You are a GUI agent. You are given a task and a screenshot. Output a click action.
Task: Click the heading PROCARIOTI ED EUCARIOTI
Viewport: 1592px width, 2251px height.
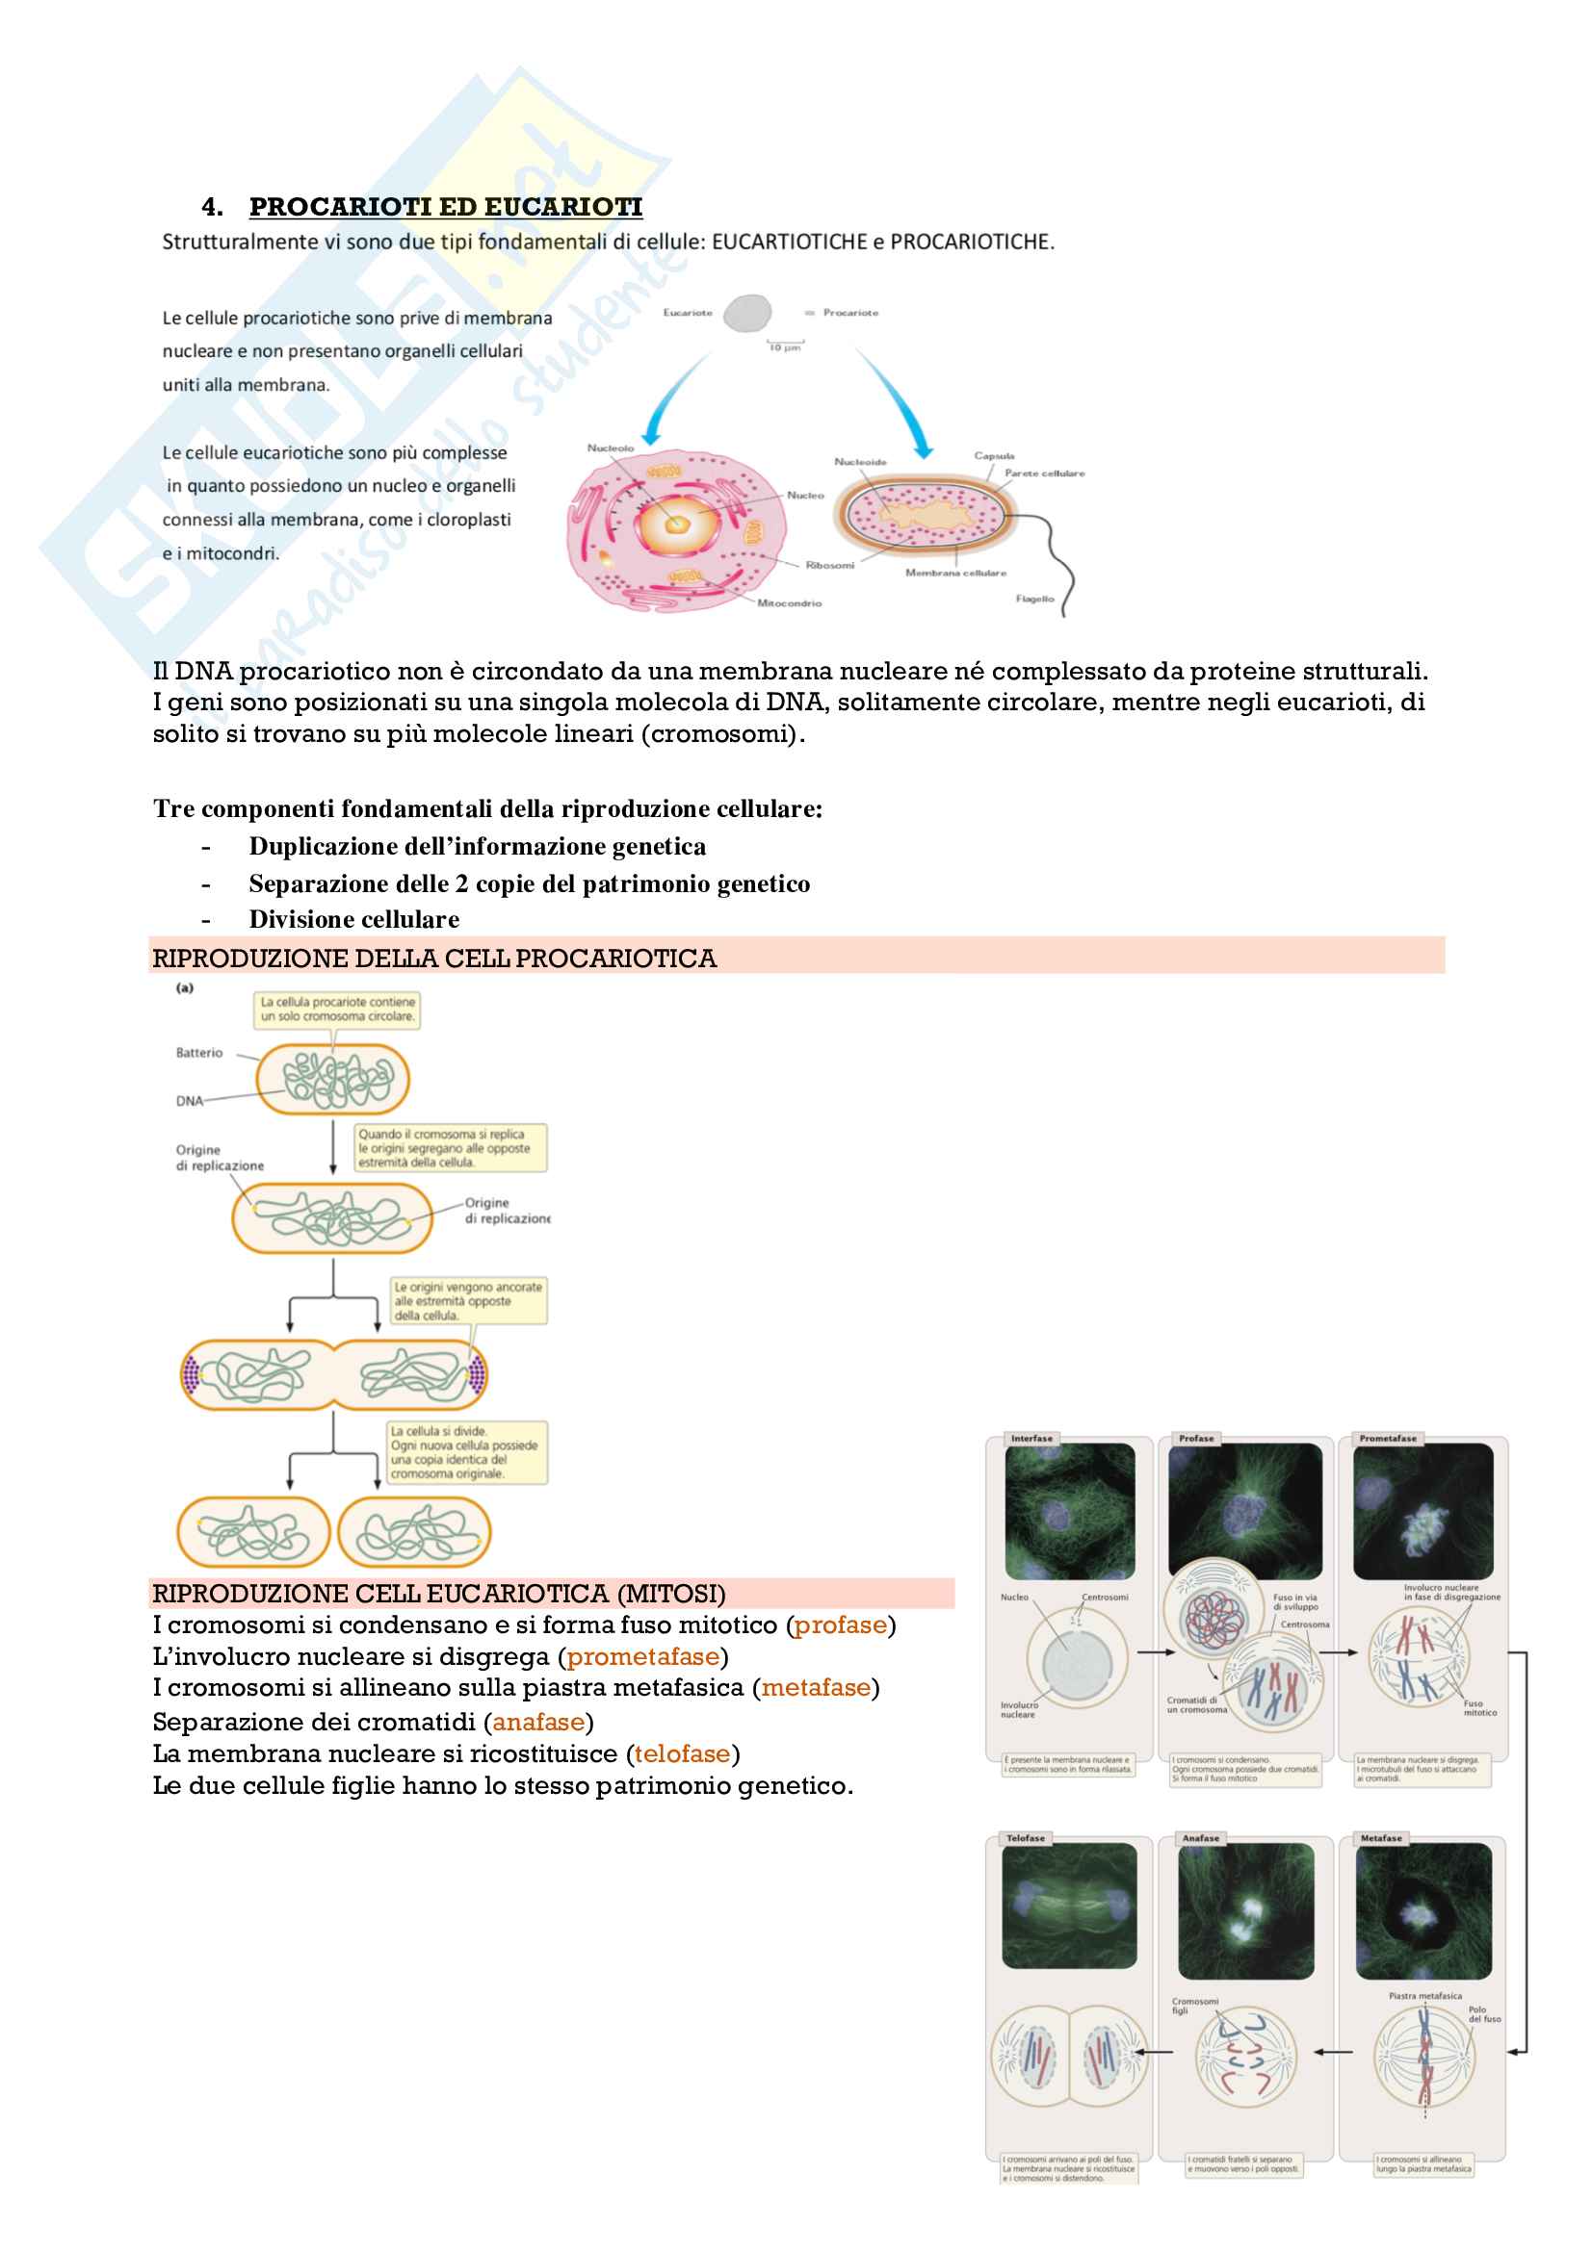(445, 207)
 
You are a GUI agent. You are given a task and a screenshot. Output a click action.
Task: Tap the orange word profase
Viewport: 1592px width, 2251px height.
(840, 1624)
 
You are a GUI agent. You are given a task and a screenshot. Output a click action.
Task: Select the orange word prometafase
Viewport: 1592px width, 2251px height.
(642, 1656)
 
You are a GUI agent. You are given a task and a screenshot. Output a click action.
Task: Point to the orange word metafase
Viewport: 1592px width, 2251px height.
(815, 1687)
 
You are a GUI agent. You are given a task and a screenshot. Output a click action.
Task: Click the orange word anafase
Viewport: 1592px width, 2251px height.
(538, 1722)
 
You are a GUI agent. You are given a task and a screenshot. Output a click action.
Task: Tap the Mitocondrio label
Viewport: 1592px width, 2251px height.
(789, 603)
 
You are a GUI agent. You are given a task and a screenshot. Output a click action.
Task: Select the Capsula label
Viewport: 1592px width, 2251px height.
(994, 456)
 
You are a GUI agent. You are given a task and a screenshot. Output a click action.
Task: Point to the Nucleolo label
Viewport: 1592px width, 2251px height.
(610, 448)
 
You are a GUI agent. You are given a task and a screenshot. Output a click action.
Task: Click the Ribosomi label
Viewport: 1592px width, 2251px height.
(829, 565)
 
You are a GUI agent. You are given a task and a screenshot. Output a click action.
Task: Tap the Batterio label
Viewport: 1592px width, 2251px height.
(199, 1053)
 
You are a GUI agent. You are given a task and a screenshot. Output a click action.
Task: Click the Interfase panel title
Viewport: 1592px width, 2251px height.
(1031, 1438)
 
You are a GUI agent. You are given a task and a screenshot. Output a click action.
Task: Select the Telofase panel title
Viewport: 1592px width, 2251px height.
(1025, 1838)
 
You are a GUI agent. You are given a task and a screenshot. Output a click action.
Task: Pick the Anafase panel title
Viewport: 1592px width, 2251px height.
(1200, 1838)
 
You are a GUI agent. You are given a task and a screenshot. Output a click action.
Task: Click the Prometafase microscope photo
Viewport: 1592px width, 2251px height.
(1422, 1511)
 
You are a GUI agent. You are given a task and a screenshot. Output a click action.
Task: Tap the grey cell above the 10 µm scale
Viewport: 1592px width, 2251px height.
(749, 313)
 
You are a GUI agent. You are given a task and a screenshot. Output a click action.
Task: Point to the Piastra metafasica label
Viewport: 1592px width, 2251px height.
(1424, 1995)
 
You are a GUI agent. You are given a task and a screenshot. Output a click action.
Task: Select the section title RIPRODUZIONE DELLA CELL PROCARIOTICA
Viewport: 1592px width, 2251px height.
(434, 958)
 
